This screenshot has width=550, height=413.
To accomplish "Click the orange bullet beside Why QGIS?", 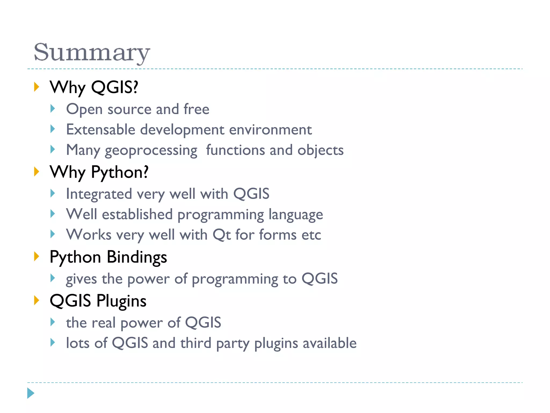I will tap(37, 87).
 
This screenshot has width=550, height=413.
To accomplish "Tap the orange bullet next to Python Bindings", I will tap(37, 256).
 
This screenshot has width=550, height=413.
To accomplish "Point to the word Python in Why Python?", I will tap(120, 172).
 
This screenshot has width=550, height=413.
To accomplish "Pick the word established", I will tap(137, 214).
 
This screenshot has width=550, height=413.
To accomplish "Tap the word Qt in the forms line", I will tap(222, 235).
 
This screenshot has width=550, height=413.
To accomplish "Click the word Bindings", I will tap(137, 257).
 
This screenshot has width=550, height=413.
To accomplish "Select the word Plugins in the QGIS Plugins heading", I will tap(121, 301).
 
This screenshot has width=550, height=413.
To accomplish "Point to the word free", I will tap(196, 109).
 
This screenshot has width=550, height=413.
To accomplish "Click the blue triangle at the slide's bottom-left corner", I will tap(31, 393).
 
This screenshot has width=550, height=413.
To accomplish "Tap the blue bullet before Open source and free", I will tap(53, 109).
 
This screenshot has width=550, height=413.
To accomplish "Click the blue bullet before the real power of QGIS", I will tap(53, 322).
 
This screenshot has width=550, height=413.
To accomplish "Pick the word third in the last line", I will tap(196, 343).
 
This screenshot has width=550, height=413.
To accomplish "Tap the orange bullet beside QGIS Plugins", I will tap(37, 300).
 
